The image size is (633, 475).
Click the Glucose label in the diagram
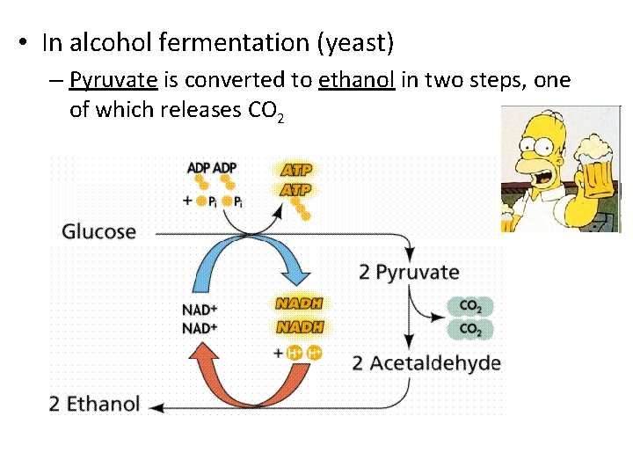tap(99, 232)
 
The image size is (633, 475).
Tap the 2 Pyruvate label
tap(409, 272)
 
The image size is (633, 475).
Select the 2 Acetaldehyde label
tap(426, 363)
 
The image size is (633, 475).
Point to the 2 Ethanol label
tap(94, 404)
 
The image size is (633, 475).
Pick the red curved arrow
tap(220, 369)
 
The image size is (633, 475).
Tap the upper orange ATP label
tap(295, 169)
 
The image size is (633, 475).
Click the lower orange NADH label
tap(300, 326)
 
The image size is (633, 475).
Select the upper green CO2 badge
tap(470, 307)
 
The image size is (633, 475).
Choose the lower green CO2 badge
tap(470, 330)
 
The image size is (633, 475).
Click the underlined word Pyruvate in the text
tap(113, 82)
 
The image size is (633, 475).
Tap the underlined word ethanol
tap(357, 81)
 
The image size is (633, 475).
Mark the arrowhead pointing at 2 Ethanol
tap(156, 406)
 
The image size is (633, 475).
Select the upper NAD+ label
tap(200, 310)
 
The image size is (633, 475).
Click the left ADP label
tap(199, 168)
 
